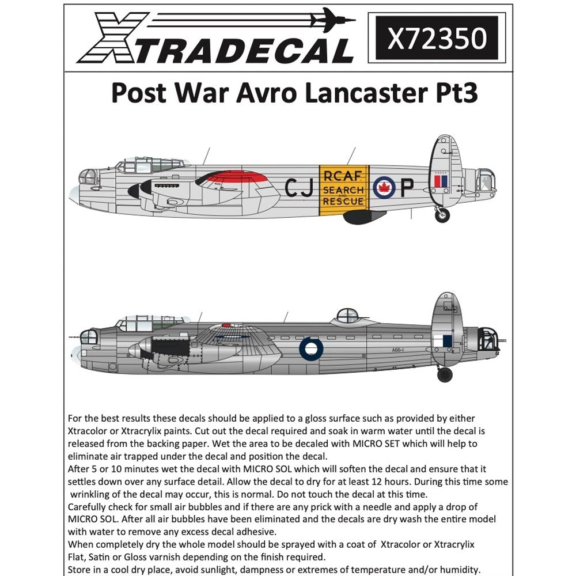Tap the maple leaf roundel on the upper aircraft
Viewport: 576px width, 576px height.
(384, 187)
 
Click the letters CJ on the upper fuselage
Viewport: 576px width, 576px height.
(299, 188)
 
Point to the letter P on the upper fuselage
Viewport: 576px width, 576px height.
(407, 188)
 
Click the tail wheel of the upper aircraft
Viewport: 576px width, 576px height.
(442, 215)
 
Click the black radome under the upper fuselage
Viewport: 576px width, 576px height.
(363, 217)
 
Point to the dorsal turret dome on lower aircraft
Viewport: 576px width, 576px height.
(346, 316)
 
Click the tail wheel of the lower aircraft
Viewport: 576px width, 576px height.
(445, 374)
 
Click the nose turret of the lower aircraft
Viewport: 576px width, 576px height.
(88, 337)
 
